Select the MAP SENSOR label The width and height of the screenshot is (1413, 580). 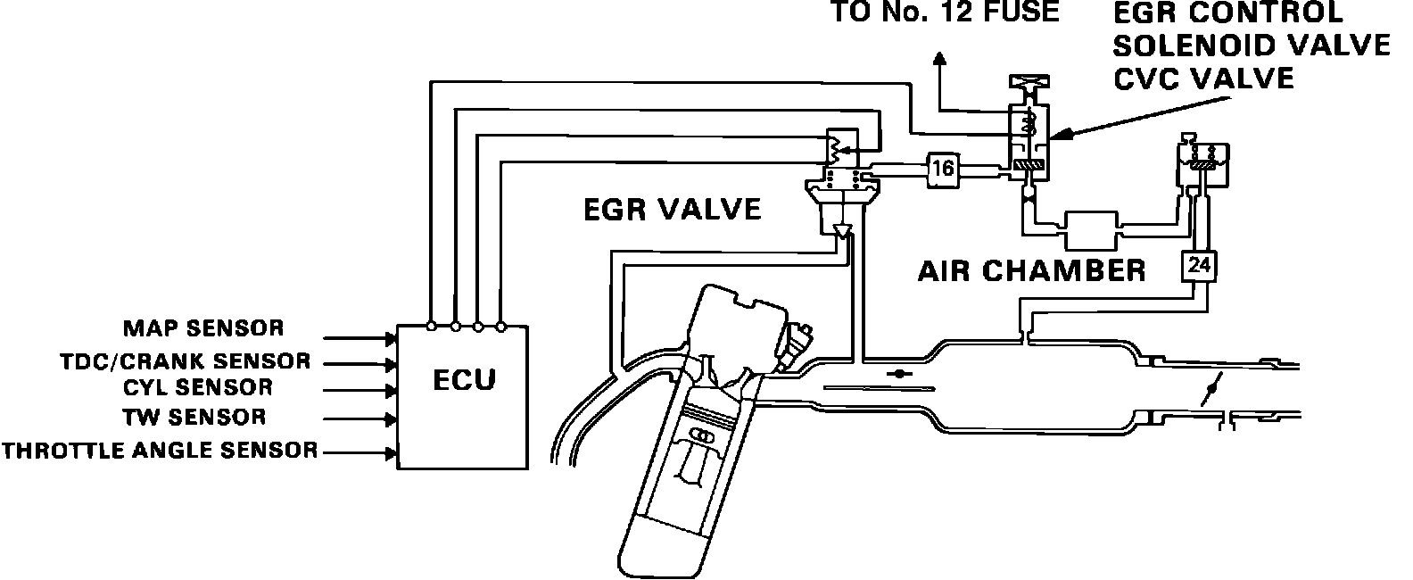[202, 328]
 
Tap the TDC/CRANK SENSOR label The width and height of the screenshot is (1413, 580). [186, 361]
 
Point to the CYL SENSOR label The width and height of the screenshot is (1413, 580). [198, 387]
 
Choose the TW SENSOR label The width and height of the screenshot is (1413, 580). [194, 417]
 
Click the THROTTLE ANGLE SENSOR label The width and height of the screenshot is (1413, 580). [160, 451]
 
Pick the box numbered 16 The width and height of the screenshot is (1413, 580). [943, 167]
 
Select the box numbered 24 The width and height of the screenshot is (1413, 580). [1200, 265]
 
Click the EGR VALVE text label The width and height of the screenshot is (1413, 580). [672, 210]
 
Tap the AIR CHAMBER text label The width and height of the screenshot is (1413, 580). [1031, 270]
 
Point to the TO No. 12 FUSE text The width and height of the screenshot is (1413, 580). [945, 12]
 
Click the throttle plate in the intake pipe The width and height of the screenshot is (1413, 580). [1211, 390]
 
